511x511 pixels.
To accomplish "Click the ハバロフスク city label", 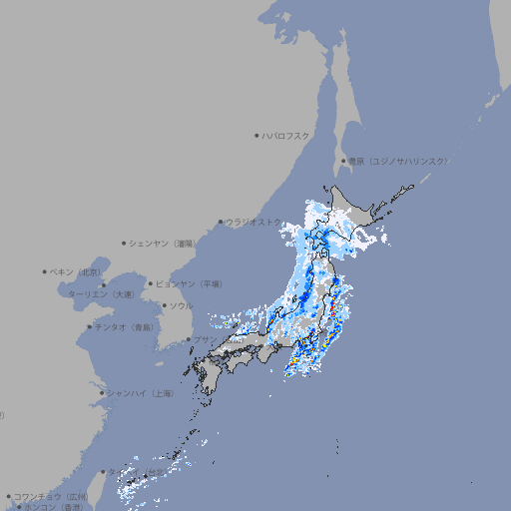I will click(285, 135).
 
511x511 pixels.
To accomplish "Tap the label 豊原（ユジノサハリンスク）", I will click(397, 161).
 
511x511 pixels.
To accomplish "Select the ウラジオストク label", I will click(254, 222).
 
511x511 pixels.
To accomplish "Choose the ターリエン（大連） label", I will click(101, 294).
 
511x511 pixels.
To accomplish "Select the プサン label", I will click(205, 339).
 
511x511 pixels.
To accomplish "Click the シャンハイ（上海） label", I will click(140, 393).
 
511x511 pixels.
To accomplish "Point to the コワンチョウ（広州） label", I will click(51, 496).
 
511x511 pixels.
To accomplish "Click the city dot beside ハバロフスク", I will click(256, 135).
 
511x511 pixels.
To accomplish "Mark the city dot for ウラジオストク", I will click(221, 222).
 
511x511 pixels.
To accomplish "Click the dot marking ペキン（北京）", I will click(45, 271).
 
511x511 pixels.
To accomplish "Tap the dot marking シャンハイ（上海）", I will click(102, 393).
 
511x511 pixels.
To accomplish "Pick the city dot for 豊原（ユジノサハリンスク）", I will click(343, 161).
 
